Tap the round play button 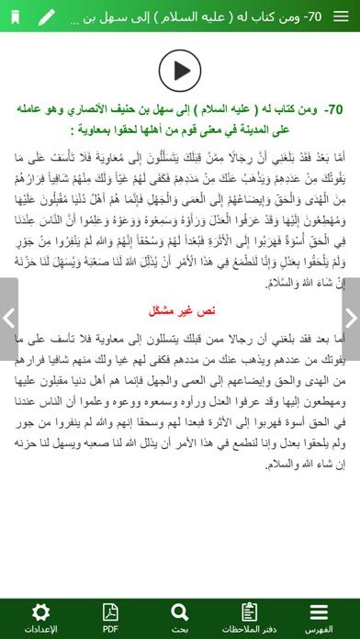(x=180, y=68)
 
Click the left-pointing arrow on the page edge (x=7, y=319)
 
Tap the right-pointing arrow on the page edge (x=353, y=319)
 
